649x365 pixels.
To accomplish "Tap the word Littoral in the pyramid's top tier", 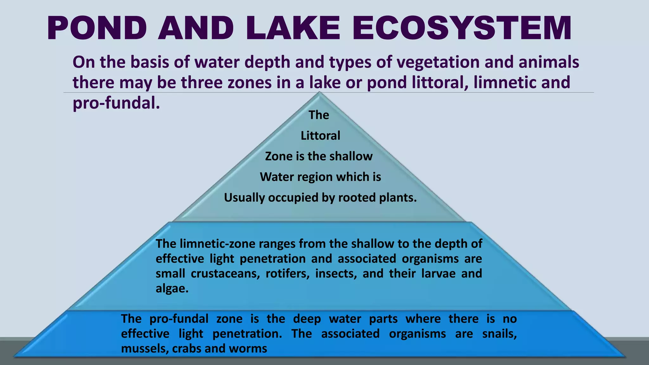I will [x=320, y=136].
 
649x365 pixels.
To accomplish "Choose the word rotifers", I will [x=287, y=273].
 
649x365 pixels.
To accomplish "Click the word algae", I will [x=172, y=289].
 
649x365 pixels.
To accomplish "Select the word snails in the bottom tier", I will [x=499, y=334].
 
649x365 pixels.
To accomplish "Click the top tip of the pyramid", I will [x=319, y=93].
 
